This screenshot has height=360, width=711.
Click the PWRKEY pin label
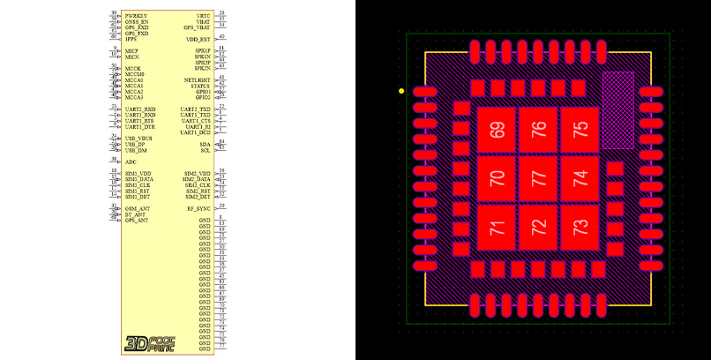[x=137, y=16]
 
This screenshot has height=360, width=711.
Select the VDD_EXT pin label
[x=198, y=40]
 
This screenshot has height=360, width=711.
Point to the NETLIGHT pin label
[x=197, y=79]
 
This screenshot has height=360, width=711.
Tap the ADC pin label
[x=131, y=162]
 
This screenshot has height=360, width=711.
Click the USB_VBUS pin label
[x=138, y=139]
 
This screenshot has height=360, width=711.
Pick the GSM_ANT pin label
[x=138, y=208]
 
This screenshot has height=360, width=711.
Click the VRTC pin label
[x=203, y=16]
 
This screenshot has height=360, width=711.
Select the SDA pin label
[x=205, y=144]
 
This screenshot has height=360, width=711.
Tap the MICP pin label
[x=132, y=51]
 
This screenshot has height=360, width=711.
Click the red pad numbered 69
[x=498, y=130]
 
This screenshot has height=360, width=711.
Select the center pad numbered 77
[x=538, y=177]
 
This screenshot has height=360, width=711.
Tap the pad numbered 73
[x=579, y=226]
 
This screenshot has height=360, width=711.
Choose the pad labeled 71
[x=498, y=226]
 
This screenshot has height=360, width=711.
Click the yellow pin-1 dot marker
[x=402, y=91]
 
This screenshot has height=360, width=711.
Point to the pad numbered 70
[x=498, y=177]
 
